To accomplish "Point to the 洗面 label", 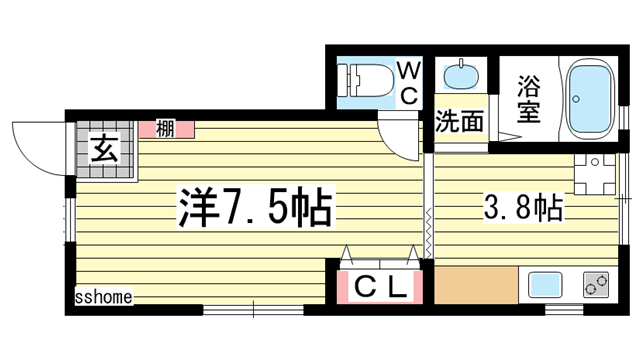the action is [459, 122].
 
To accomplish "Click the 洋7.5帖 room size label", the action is [256, 208].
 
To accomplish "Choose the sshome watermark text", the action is [103, 296].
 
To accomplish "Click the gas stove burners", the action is [596, 285].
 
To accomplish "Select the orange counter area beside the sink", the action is [476, 285].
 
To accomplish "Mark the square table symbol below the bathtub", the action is [589, 175].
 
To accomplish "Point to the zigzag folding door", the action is [429, 230].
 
